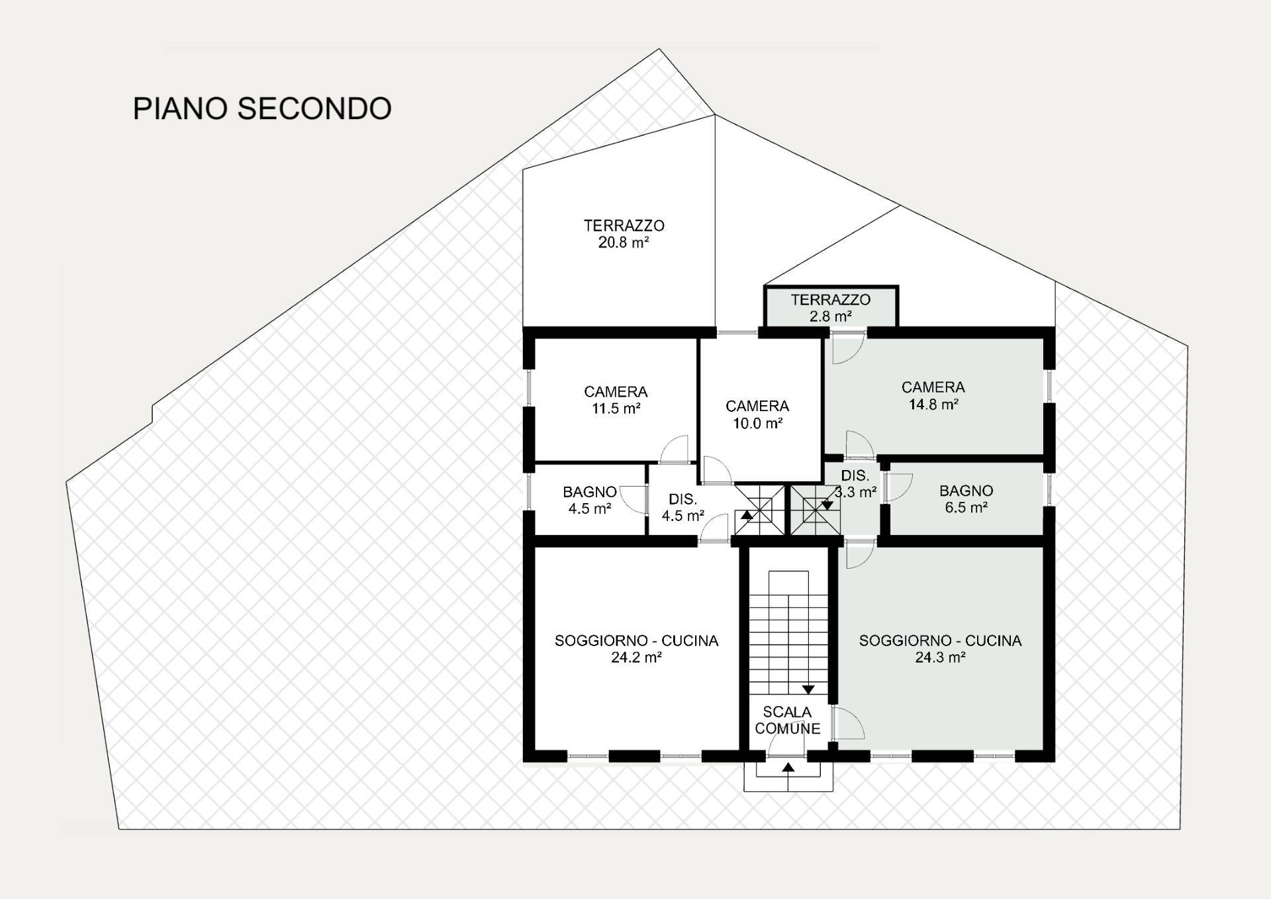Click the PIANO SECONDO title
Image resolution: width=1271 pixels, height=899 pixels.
coord(262,109)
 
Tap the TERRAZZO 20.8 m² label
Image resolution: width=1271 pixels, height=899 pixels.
coord(624,234)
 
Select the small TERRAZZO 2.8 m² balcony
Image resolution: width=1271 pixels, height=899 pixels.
coord(831,307)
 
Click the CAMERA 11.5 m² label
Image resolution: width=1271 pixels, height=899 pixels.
coord(616,400)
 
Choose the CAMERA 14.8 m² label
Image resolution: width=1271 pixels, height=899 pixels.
coord(933,395)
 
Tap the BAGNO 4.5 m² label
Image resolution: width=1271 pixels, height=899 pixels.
coord(589,500)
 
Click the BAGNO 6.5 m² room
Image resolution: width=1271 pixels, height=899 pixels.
coord(966,498)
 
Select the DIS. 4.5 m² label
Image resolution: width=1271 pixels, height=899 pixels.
coord(683,508)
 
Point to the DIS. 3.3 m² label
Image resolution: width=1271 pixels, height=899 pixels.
coord(855,484)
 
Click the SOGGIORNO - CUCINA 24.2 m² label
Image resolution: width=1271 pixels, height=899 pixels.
coord(636,649)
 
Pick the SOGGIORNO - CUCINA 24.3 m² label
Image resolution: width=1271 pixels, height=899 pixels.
coord(940,649)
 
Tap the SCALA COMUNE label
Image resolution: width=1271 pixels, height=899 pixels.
coord(787,720)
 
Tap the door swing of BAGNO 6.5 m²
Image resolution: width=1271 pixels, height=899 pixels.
coord(900,488)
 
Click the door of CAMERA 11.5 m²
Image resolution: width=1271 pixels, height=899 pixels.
coord(675,449)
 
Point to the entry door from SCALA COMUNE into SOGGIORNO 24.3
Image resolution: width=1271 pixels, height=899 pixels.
coord(848,723)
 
